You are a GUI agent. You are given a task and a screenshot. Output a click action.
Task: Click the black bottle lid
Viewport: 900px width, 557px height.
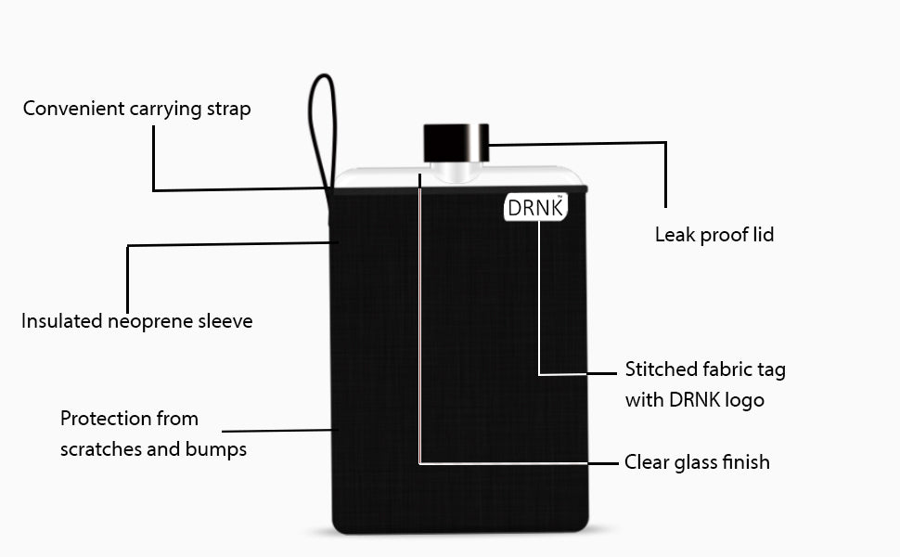[456, 143]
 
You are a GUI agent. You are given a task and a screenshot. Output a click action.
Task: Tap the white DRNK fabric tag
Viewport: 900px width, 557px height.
[536, 207]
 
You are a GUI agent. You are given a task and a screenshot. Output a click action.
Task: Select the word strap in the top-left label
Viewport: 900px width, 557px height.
[228, 110]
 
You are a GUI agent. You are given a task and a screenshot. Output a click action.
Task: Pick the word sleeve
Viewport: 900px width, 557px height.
[225, 320]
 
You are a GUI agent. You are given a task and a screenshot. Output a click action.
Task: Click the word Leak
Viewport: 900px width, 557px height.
[675, 234]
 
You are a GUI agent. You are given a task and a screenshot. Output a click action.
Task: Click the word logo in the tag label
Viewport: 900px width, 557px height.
[742, 401]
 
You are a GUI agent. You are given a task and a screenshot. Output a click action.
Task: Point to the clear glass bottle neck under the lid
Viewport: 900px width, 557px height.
[456, 172]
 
